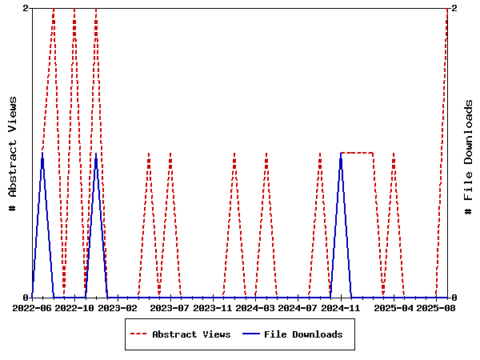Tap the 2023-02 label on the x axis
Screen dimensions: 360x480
(118, 307)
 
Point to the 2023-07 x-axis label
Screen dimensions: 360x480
(170, 307)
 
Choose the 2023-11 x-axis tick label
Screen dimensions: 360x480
(213, 307)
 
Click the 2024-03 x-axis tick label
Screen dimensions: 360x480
(256, 307)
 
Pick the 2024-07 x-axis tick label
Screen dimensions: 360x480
(299, 307)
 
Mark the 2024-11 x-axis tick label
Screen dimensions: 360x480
(342, 307)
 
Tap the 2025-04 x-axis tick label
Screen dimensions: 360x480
(394, 307)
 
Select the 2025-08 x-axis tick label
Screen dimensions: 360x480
(436, 307)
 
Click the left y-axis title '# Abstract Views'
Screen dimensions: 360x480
(13, 153)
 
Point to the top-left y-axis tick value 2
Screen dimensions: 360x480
(26, 8)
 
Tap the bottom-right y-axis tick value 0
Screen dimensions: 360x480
(454, 298)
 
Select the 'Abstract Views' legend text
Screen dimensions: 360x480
(191, 334)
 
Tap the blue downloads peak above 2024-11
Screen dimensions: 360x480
(341, 154)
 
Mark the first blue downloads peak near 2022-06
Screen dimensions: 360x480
(42, 154)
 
